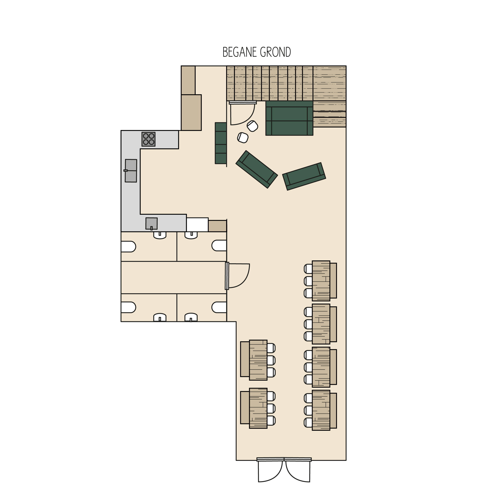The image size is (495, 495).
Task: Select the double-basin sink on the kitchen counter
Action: pos(131,171)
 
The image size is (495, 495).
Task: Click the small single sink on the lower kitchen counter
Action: pos(151,224)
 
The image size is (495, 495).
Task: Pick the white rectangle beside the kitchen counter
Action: pos(197,225)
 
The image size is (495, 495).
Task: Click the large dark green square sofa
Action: pos(289,118)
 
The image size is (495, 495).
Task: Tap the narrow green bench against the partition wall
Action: pos(221,143)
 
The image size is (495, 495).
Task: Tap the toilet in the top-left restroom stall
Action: pos(128,247)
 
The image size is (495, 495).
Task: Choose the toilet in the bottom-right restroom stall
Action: pos(219,307)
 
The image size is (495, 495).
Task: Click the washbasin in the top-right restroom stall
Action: pos(191,235)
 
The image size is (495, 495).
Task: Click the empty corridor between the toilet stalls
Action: pos(174,278)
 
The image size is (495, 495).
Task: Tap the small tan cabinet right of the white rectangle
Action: pos(218,226)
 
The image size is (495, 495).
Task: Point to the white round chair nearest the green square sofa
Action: pos(252,126)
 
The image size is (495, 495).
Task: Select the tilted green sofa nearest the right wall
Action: pos(304,176)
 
